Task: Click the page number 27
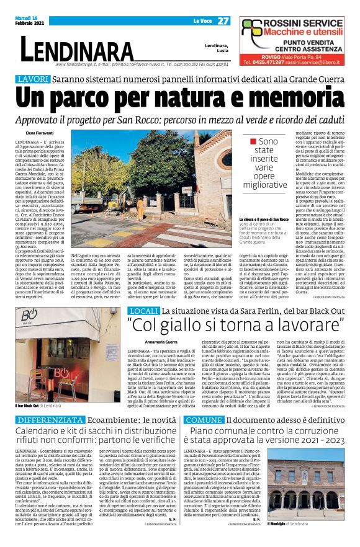[x=224, y=21]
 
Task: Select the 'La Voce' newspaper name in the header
[x=203, y=21]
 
